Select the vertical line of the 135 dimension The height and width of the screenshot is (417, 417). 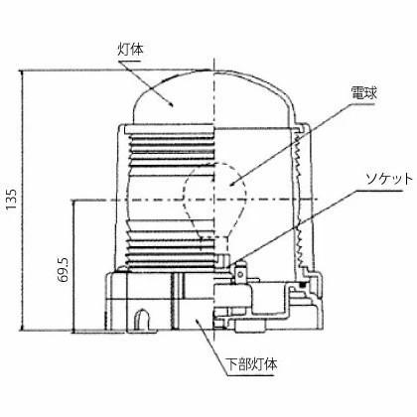pos(25,199)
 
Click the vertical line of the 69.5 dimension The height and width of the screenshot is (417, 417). pos(74,263)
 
